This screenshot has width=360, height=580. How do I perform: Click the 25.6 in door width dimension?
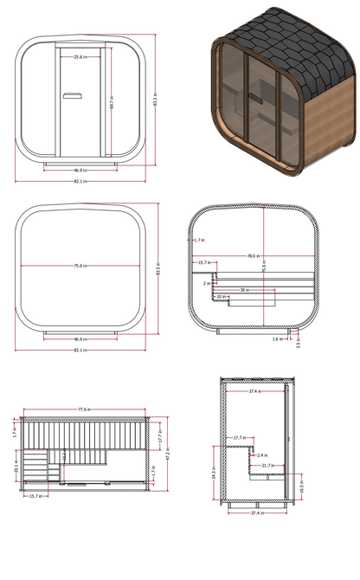point(79,56)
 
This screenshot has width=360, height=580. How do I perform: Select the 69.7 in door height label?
point(112,101)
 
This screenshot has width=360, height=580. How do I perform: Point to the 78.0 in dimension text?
point(252,257)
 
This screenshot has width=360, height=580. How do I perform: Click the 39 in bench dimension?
point(245,290)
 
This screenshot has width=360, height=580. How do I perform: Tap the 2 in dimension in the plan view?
point(208,283)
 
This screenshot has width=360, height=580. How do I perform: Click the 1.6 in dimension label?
point(276,339)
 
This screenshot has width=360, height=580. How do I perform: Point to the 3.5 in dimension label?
point(298,343)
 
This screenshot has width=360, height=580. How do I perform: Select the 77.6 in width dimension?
point(85,409)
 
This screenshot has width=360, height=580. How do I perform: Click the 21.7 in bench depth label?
point(267,466)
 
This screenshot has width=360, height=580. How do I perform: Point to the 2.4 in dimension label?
point(262,454)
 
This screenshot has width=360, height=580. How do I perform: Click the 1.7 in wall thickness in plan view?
point(199,240)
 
